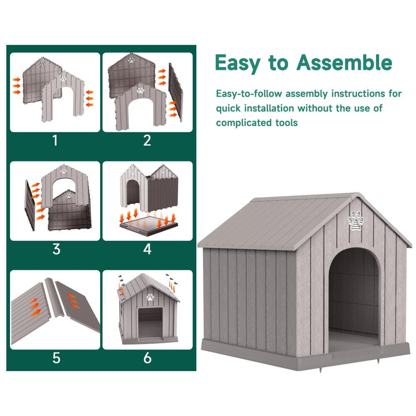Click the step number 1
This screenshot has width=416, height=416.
coord(55,140)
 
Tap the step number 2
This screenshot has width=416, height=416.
coord(147,140)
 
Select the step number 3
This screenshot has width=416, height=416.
coord(56,249)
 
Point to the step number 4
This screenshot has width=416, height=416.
coord(147,249)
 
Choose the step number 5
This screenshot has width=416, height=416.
coord(56,358)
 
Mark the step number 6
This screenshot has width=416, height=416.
coord(147,358)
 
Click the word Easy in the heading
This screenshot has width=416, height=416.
coord(238,64)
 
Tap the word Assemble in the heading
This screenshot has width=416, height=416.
coord(344,63)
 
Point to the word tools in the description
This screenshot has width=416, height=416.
coord(287,123)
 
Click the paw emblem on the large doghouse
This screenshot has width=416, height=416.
coord(356,220)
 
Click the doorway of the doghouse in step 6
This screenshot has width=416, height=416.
coord(150,322)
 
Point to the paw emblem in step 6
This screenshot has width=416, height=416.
coord(151,297)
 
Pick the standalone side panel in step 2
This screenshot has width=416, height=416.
coord(176,92)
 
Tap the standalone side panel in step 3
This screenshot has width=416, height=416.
coord(30,205)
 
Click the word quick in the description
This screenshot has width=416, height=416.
coord(228,109)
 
